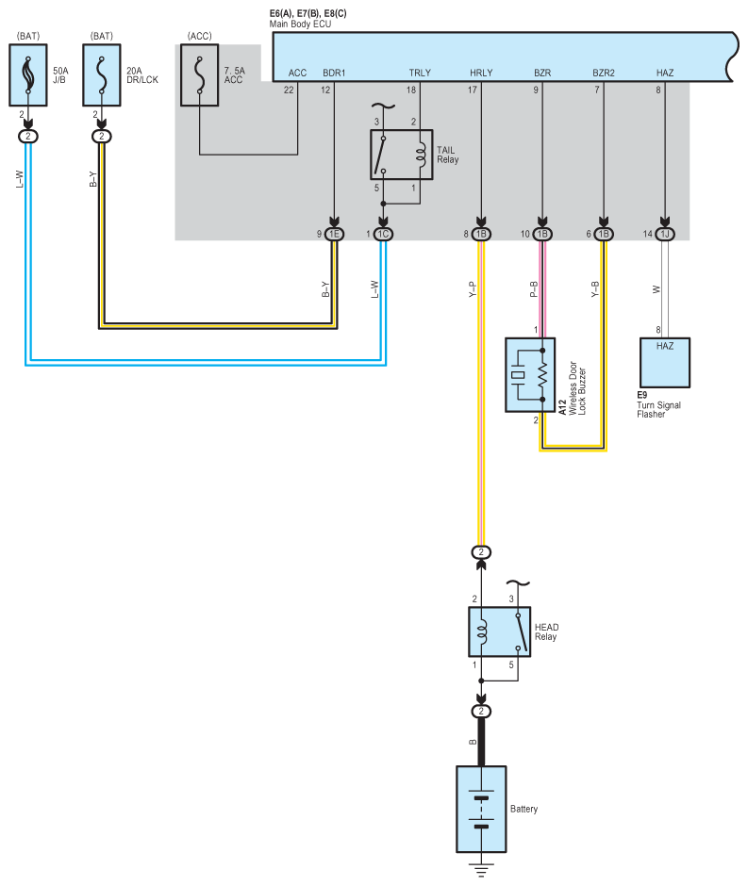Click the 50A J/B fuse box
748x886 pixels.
click(x=28, y=75)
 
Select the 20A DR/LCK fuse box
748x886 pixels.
click(x=102, y=75)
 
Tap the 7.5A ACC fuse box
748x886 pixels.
click(x=200, y=75)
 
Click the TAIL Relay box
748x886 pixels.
click(x=402, y=155)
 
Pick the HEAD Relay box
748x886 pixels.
click(x=500, y=632)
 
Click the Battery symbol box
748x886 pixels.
click(x=481, y=809)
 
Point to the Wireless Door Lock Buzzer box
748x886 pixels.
click(x=530, y=375)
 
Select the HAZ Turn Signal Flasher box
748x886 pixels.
click(x=665, y=363)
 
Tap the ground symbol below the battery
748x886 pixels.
click(x=481, y=869)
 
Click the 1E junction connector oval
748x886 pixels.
click(x=334, y=234)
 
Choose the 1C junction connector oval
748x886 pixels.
click(x=383, y=234)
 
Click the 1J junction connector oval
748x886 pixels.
click(x=665, y=234)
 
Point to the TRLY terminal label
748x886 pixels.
click(x=420, y=73)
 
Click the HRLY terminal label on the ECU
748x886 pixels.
click(x=481, y=73)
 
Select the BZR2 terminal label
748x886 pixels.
click(x=604, y=73)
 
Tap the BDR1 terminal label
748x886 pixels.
click(x=334, y=73)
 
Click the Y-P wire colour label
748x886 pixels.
click(x=473, y=289)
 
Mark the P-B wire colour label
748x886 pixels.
click(x=534, y=289)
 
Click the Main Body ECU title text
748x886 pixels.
click(x=300, y=24)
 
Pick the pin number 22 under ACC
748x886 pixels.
click(x=289, y=90)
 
